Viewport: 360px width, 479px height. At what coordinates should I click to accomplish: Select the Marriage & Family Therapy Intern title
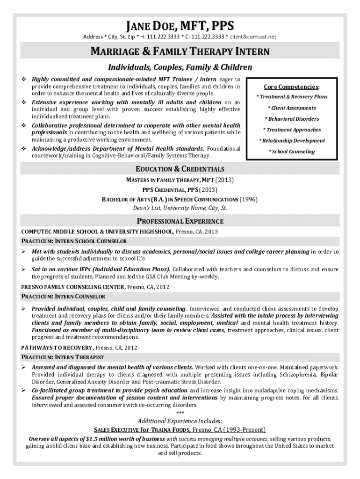pyautogui.click(x=180, y=51)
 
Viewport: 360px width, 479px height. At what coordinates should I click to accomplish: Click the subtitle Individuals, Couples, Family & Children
pyautogui.click(x=180, y=67)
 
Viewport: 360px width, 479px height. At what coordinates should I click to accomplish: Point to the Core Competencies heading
pyautogui.click(x=291, y=87)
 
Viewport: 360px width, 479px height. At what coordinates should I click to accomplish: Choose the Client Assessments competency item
pyautogui.click(x=291, y=108)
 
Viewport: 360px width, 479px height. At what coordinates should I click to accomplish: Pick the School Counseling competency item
pyautogui.click(x=291, y=152)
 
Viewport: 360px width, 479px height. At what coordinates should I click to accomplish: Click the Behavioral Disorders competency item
pyautogui.click(x=291, y=119)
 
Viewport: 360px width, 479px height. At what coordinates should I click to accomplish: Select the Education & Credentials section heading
pyautogui.click(x=180, y=169)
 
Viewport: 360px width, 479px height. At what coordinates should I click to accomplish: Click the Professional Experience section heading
pyautogui.click(x=180, y=221)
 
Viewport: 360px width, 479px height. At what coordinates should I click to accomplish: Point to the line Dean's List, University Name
pyautogui.click(x=180, y=208)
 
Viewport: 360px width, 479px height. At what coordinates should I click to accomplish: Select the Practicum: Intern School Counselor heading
pyautogui.click(x=74, y=241)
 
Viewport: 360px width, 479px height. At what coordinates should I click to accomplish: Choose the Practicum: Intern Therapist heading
pyautogui.click(x=63, y=357)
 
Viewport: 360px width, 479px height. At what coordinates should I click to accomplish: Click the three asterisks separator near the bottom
pyautogui.click(x=180, y=413)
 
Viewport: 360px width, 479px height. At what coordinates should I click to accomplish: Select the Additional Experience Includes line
pyautogui.click(x=180, y=421)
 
